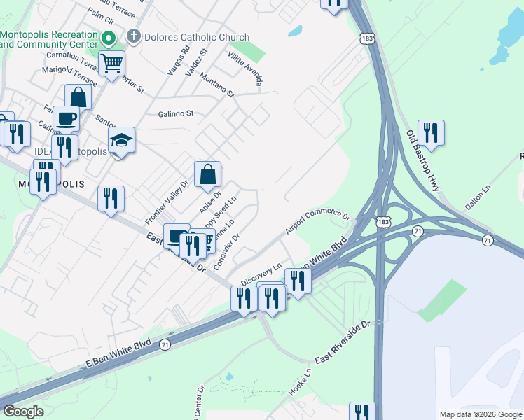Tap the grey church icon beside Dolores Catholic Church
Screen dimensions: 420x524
click(x=132, y=36)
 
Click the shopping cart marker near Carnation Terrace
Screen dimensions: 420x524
click(x=111, y=64)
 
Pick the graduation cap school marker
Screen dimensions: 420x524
click(x=121, y=141)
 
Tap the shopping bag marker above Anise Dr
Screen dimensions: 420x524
click(x=208, y=175)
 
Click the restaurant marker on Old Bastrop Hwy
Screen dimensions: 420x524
click(x=431, y=133)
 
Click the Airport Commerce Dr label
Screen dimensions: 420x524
click(x=317, y=222)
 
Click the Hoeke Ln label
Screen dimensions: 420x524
click(x=299, y=382)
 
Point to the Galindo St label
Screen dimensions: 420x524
click(x=175, y=113)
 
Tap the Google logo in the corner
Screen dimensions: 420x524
click(x=23, y=412)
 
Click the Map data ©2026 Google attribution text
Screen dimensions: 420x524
click(x=481, y=414)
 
